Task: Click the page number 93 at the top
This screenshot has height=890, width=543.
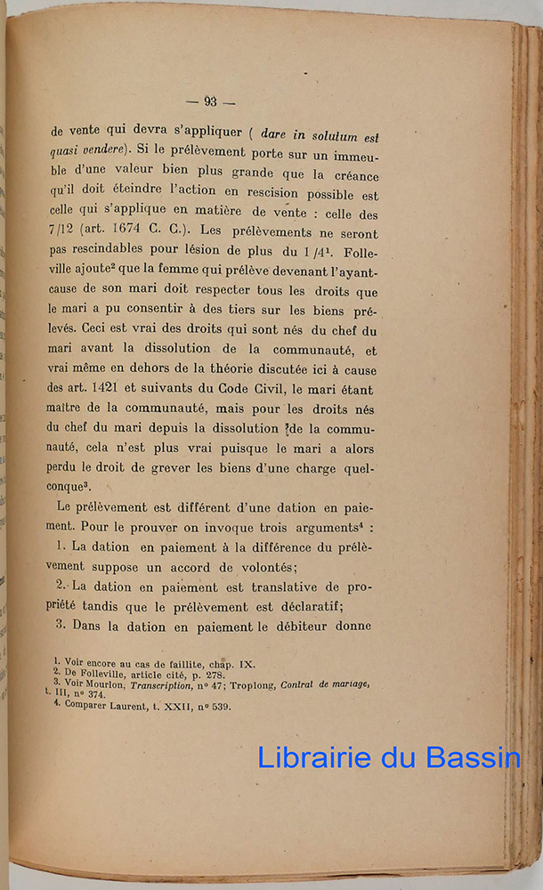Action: pyautogui.click(x=210, y=101)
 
